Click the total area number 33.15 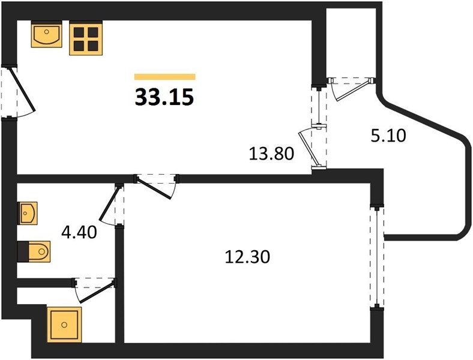point(164,97)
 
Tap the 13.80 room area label point(271,154)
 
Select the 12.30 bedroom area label point(247,257)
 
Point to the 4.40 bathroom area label point(79,232)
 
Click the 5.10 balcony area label point(388,136)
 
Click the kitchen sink point(46,34)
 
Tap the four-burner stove point(86,38)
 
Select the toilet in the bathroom point(34,251)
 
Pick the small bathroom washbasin point(28,213)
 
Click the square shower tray point(64,325)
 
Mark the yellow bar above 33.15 point(164,77)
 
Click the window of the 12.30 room point(377,256)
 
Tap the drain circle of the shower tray point(64,325)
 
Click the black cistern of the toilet point(23,251)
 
